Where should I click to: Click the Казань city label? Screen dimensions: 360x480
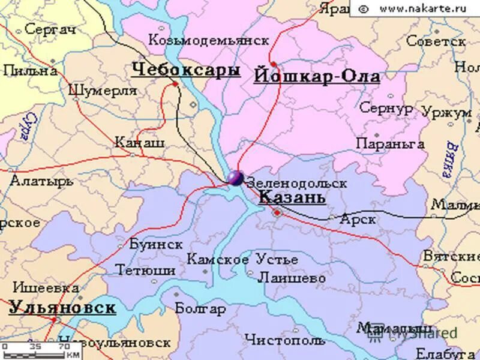tap(292, 197)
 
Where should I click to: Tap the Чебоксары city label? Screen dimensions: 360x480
tap(186, 70)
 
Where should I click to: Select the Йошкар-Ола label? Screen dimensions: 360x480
tap(317, 77)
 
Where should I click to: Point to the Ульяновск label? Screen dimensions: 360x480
tap(62, 308)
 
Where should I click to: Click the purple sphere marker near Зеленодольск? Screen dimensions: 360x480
tap(235, 178)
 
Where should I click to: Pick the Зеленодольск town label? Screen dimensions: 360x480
tap(296, 182)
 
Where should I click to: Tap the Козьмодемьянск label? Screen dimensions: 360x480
tap(209, 40)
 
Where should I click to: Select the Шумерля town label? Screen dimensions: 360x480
tap(103, 91)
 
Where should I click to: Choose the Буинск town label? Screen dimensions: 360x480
tap(155, 244)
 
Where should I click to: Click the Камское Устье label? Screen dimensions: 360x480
tap(242, 260)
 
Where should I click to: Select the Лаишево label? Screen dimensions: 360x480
tap(292, 278)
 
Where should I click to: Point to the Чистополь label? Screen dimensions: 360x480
tap(284, 340)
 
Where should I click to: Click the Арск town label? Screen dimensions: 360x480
tap(358, 220)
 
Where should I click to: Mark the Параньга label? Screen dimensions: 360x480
tap(390, 144)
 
